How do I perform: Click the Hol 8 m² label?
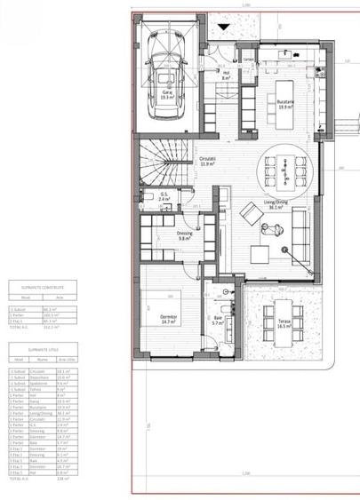tap(226, 75)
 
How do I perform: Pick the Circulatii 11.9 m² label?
tap(209, 162)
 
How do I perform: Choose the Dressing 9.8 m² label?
tap(185, 237)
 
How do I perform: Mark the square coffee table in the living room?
tap(259, 253)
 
